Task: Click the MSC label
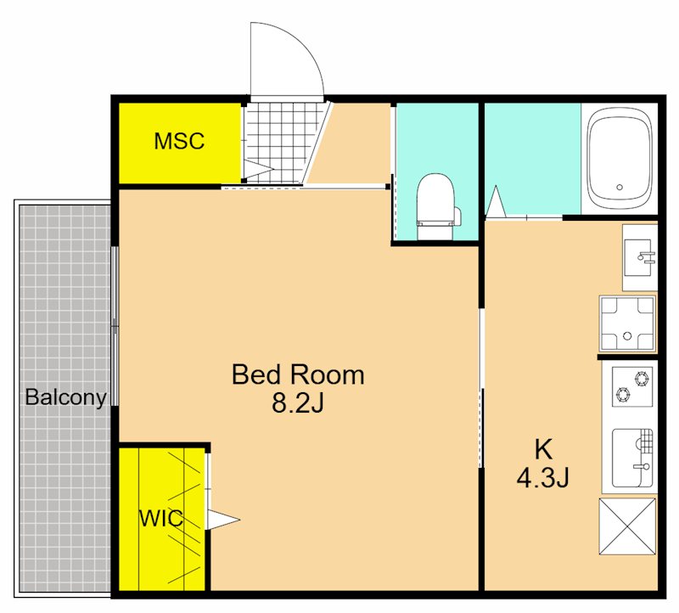[179, 141]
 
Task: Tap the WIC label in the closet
[161, 518]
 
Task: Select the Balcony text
[66, 397]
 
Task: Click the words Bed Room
[298, 374]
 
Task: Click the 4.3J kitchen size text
[542, 478]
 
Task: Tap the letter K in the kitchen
[543, 449]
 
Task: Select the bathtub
[620, 159]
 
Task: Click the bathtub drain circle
[620, 187]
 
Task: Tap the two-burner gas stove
[632, 386]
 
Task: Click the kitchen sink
[632, 458]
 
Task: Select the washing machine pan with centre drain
[627, 323]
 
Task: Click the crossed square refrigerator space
[627, 526]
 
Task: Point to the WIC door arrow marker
[222, 520]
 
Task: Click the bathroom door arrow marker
[496, 201]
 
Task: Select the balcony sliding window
[115, 326]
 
